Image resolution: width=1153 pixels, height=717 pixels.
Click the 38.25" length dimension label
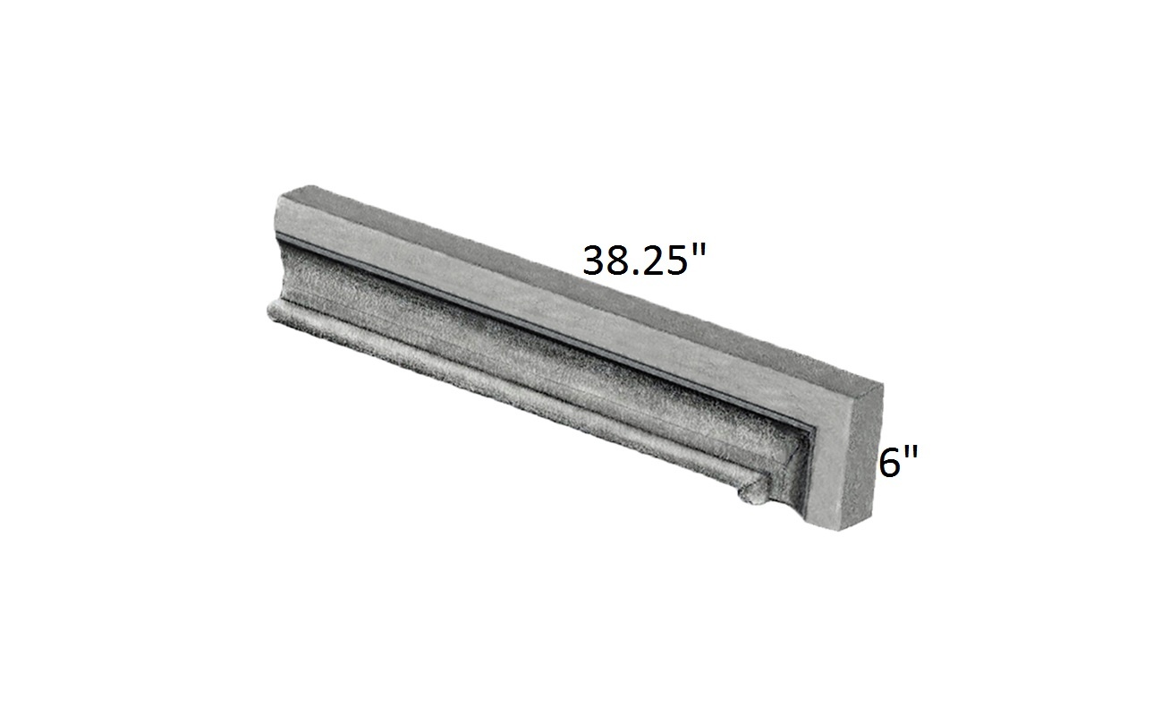[x=644, y=260]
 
